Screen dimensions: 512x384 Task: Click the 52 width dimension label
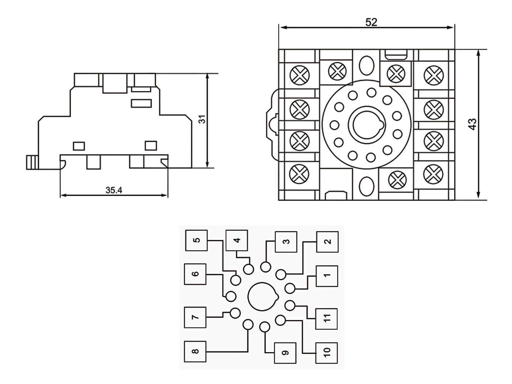point(371,22)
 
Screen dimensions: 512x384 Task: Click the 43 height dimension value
point(472,124)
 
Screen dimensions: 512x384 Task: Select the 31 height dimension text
point(202,119)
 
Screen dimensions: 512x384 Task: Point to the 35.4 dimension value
point(114,190)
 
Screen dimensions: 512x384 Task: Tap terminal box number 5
point(196,240)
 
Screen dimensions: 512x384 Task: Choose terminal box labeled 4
point(237,240)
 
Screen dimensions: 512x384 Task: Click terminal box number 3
point(286,242)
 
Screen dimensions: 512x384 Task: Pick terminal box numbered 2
point(327,242)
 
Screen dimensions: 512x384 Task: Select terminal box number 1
point(327,276)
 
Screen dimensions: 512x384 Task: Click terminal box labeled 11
point(327,319)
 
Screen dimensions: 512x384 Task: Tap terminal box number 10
point(327,353)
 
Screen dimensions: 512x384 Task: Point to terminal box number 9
point(285,353)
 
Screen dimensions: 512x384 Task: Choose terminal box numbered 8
point(195,351)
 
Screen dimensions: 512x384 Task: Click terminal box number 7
point(195,317)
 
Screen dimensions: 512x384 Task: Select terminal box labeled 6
point(195,274)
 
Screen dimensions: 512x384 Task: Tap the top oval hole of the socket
point(367,65)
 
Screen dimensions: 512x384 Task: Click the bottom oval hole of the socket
point(367,186)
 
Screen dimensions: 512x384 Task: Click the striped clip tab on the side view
point(33,162)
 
